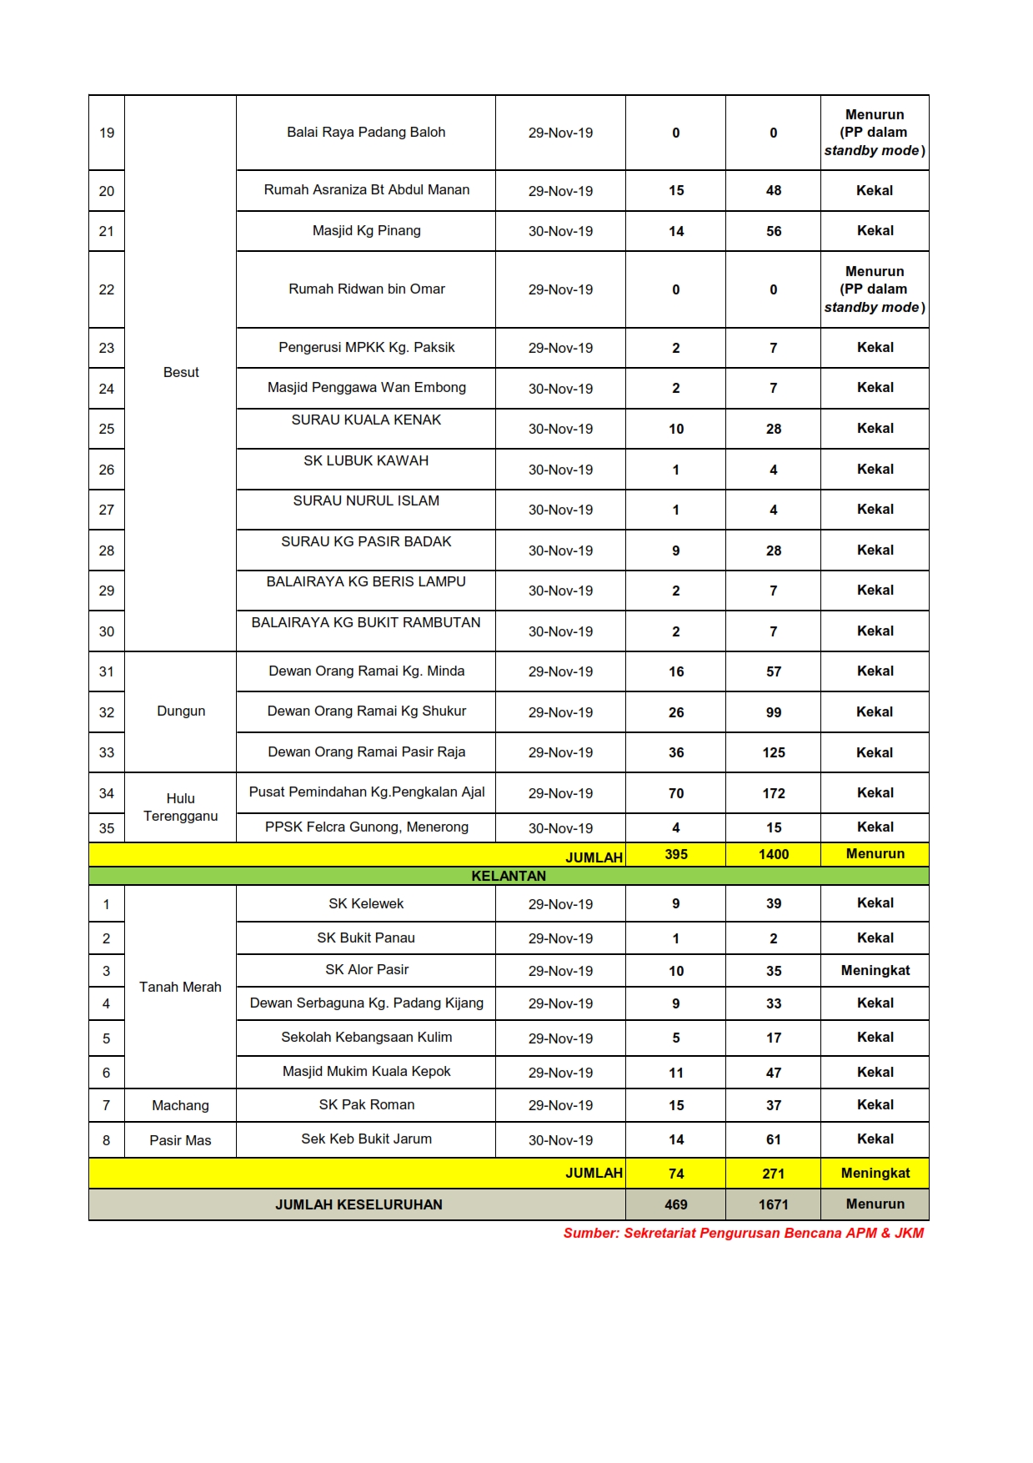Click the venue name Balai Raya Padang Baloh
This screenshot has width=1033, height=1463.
coord(366,132)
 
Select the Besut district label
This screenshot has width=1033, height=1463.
coord(181,372)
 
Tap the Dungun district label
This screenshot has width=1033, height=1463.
coord(181,711)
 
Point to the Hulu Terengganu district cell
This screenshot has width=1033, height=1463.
coord(180,807)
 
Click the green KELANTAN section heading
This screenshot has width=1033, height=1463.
coord(509,876)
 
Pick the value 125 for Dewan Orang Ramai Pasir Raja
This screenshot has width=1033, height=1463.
coord(773,752)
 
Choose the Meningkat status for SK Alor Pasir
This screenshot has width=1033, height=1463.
coord(875,970)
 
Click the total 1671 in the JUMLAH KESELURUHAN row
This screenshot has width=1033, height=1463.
coord(773,1204)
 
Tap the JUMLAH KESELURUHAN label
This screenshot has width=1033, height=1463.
coord(359,1204)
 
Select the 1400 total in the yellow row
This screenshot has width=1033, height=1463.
coord(773,854)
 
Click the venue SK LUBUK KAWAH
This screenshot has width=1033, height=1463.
coord(366,460)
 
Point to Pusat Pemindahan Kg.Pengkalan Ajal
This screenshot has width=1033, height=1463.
coord(366,792)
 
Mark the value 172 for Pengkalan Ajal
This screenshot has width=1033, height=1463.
coord(773,793)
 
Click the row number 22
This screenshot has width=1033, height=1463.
coord(107,289)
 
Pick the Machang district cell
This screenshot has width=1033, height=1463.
coord(180,1105)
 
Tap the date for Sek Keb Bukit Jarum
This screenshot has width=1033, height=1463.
coord(560,1140)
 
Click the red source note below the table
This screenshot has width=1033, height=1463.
coord(743,1233)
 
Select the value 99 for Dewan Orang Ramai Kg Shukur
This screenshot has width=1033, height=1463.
coord(773,712)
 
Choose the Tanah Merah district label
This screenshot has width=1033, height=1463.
coord(180,987)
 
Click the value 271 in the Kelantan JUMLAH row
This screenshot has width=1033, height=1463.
coord(773,1174)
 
